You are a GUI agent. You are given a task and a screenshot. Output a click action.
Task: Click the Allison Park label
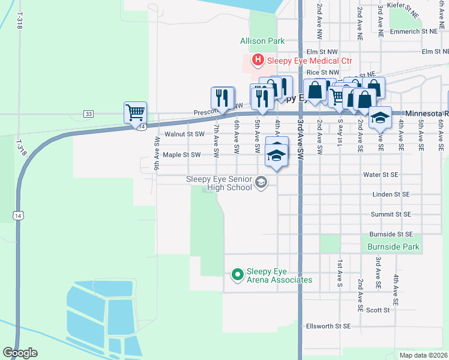click(262, 41)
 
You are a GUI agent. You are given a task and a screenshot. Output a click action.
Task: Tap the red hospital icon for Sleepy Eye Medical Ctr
click(258, 59)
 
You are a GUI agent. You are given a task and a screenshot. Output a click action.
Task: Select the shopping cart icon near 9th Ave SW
click(136, 112)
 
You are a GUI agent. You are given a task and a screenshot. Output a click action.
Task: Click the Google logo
click(20, 353)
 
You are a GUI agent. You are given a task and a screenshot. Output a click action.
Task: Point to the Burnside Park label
click(393, 247)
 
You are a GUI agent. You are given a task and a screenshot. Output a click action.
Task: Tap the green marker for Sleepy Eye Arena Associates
click(237, 275)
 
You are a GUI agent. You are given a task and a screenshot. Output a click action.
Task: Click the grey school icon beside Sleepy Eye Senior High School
click(261, 182)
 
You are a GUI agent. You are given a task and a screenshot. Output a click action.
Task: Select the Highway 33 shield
click(89, 113)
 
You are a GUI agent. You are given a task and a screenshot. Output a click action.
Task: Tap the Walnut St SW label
click(185, 134)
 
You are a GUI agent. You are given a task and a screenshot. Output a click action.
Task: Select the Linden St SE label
click(390, 194)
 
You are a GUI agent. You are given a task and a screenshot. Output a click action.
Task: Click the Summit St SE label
click(390, 214)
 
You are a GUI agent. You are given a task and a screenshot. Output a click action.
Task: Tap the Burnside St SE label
click(390, 234)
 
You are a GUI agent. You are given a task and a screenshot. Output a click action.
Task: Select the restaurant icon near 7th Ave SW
click(222, 98)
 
